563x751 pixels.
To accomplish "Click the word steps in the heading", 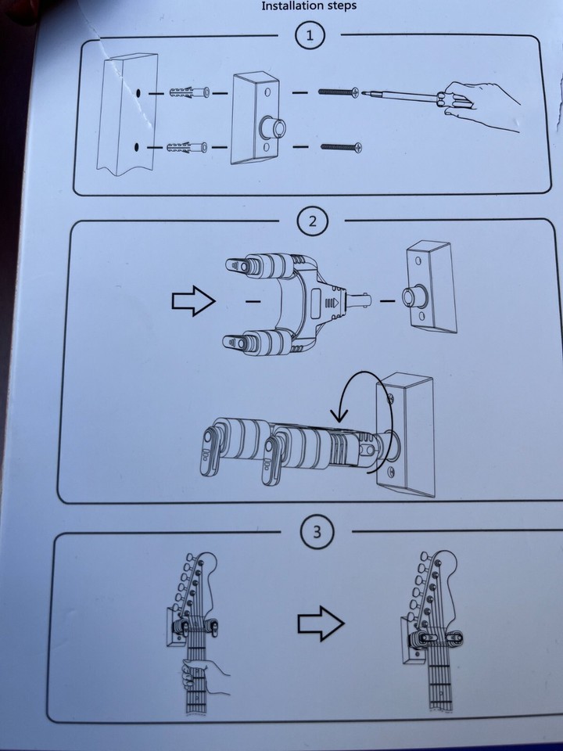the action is point(340,5).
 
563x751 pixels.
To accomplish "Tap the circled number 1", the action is point(310,35).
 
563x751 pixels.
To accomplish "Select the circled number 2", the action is point(312,221).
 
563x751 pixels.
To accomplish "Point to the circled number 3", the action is point(317,532).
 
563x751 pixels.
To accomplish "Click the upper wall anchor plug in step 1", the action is point(188,91).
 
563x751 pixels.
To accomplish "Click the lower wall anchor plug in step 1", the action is point(187,147).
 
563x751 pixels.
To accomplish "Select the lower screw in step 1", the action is point(341,147).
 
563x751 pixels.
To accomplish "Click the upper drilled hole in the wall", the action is point(138,92).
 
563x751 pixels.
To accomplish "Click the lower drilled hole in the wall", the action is point(136,147).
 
